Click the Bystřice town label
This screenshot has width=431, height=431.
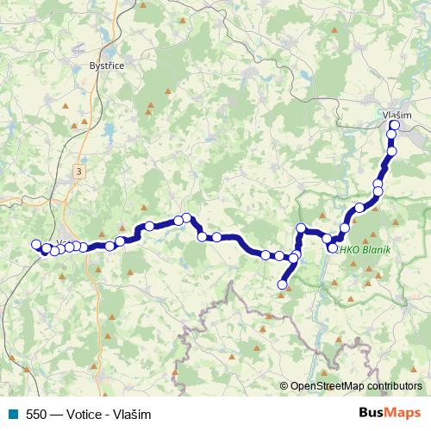[x=107, y=66]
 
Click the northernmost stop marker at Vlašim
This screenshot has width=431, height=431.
[x=395, y=126]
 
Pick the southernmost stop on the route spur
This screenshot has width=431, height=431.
[x=282, y=284]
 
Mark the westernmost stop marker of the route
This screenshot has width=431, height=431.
[x=36, y=244]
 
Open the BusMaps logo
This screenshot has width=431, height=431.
[x=390, y=413]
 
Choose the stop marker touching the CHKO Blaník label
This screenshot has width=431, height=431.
[x=333, y=248]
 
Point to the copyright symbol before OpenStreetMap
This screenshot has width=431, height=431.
[x=284, y=386]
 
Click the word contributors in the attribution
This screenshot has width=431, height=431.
[x=394, y=386]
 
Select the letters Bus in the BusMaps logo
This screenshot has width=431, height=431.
[x=372, y=413]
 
